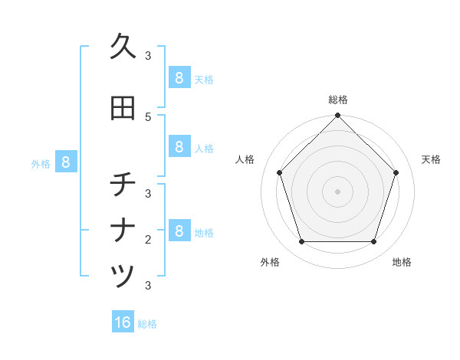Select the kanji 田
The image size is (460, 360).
coord(123,108)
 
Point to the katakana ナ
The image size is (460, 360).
coord(123,231)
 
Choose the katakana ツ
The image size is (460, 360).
coord(123,276)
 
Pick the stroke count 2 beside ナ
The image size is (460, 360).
coord(148,240)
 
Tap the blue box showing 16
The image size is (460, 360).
coord(123,322)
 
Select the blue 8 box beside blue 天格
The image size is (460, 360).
coord(179,78)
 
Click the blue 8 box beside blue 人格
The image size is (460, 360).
coord(179,147)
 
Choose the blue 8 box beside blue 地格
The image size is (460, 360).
coord(179,231)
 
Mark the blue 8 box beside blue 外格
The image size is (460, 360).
coord(66,162)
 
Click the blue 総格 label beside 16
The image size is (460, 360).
coord(147,324)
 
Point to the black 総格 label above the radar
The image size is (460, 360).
coord(337,100)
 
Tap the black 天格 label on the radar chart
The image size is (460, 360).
coord(431,159)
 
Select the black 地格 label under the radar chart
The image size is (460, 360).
coord(402,262)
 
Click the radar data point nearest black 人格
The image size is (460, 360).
coord(279,172)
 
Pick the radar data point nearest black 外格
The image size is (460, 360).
coord(301,242)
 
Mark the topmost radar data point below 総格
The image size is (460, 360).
coord(337,116)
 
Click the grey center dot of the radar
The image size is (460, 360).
coord(337,191)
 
